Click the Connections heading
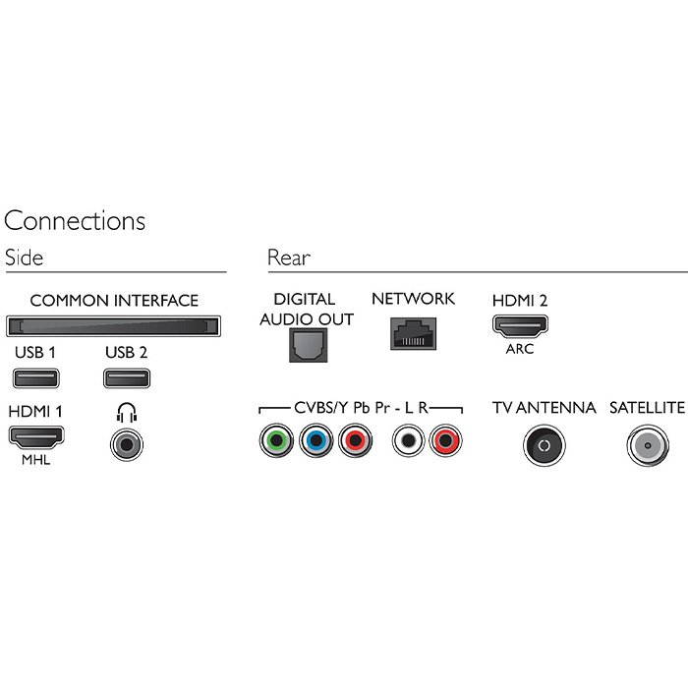pyautogui.click(x=75, y=220)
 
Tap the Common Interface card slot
pyautogui.click(x=113, y=326)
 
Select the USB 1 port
pyautogui.click(x=36, y=378)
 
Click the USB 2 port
pyautogui.click(x=127, y=378)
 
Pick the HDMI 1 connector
pyautogui.click(x=36, y=437)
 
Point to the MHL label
pyautogui.click(x=36, y=460)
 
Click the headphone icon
pyautogui.click(x=127, y=413)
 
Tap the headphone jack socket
pyautogui.click(x=127, y=445)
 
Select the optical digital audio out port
pyautogui.click(x=308, y=345)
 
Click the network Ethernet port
pyautogui.click(x=414, y=333)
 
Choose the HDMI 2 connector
pyautogui.click(x=520, y=326)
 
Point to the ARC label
pyautogui.click(x=520, y=349)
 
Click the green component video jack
pyautogui.click(x=276, y=440)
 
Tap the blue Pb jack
pyautogui.click(x=315, y=440)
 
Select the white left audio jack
pyautogui.click(x=409, y=440)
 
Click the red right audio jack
pyautogui.click(x=445, y=440)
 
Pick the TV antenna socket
pyautogui.click(x=545, y=445)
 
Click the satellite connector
pyautogui.click(x=648, y=445)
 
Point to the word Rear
pyautogui.click(x=289, y=258)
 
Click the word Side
pyautogui.click(x=25, y=258)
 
